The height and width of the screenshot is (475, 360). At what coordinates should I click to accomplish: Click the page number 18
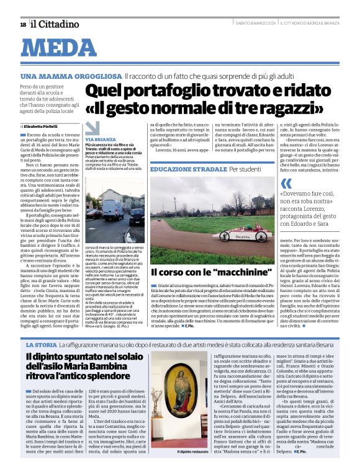(23, 24)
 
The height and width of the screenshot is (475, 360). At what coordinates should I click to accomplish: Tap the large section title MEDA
(64, 47)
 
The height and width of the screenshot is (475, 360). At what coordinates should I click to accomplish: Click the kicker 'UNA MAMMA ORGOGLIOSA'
(71, 76)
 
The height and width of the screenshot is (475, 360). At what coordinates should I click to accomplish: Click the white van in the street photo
(112, 208)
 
